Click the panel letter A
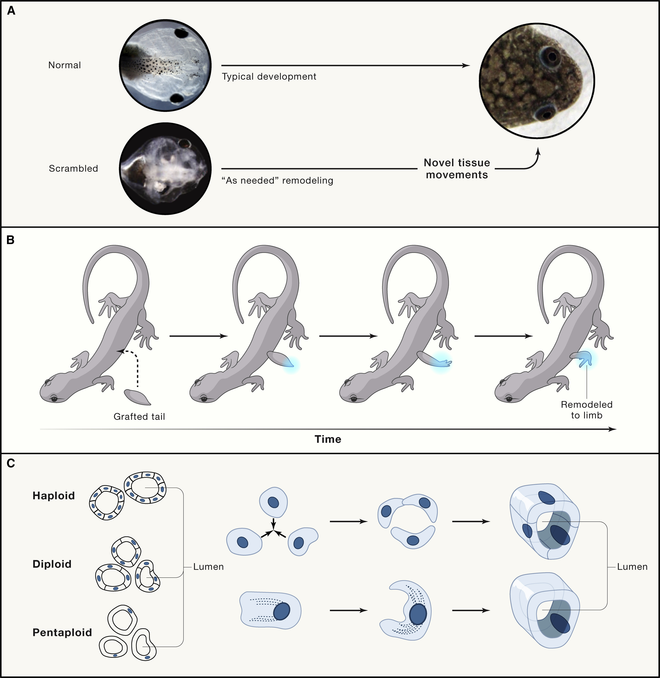pyautogui.click(x=11, y=11)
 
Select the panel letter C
pyautogui.click(x=11, y=463)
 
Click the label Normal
pyautogui.click(x=65, y=65)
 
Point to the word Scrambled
pyautogui.click(x=73, y=169)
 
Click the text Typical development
pyautogui.click(x=269, y=77)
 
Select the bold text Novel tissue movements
pyautogui.click(x=457, y=169)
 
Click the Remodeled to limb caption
pyautogui.click(x=587, y=410)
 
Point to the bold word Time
pyautogui.click(x=328, y=439)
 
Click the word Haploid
pyautogui.click(x=54, y=496)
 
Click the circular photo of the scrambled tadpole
pyautogui.click(x=165, y=169)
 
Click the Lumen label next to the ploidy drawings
pyautogui.click(x=208, y=567)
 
